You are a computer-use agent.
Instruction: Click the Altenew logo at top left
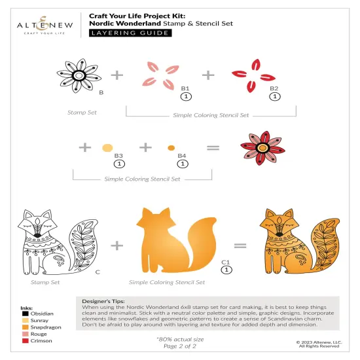pos(41,23)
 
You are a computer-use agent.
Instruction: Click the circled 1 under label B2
pos(274,96)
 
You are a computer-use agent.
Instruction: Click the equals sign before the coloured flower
pos(213,148)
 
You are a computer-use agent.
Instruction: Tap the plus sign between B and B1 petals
pos(117,75)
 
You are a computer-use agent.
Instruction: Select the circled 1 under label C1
pos(226,269)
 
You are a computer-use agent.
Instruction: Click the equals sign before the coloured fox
pos(240,246)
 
